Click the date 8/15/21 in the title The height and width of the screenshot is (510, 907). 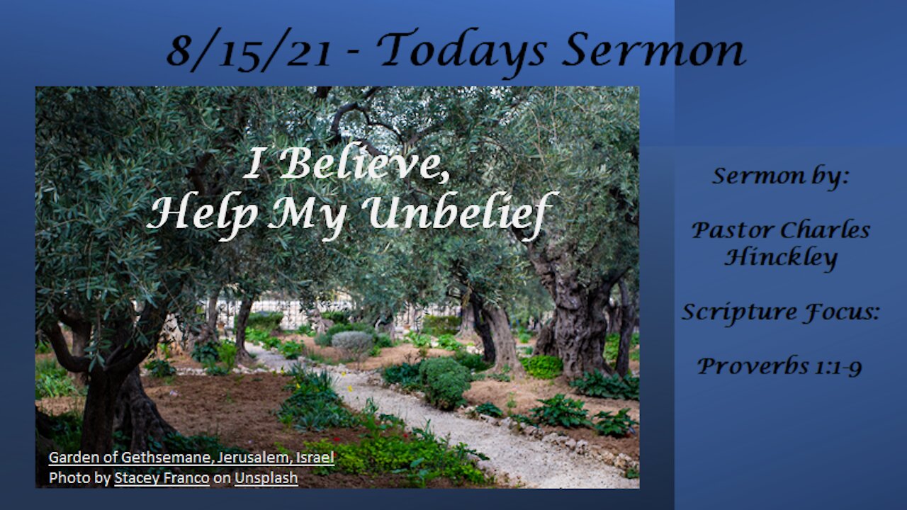pos(249,50)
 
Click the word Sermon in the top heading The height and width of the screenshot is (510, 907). pos(654,50)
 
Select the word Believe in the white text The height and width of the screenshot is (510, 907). pos(364,163)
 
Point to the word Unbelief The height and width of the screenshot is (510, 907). pos(459,214)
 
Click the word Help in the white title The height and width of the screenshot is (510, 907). pos(203,215)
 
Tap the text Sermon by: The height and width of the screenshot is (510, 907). pos(780,177)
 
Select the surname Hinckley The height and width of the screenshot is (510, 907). pos(781,258)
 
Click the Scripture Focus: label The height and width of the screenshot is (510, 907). pos(781,313)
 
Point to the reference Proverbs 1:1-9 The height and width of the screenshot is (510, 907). pos(779,366)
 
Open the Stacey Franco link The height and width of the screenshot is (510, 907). pos(162,478)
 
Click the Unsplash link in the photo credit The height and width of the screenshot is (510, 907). pos(266,478)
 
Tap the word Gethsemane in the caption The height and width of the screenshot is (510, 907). pos(166,458)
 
